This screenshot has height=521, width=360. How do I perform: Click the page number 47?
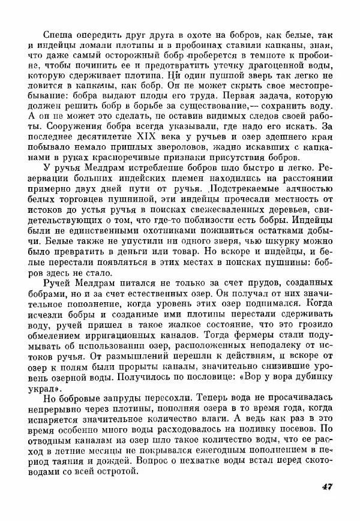(326, 486)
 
